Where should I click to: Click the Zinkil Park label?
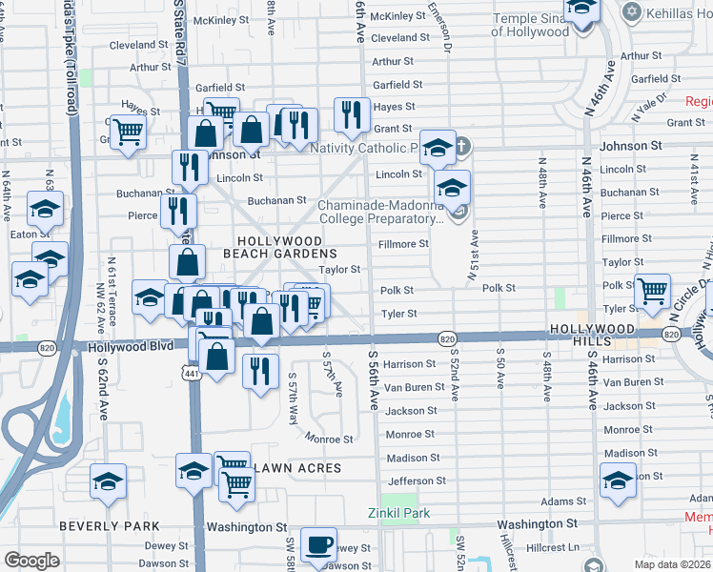point(398,513)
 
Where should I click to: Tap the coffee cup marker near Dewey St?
point(318,545)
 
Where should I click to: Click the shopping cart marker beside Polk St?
point(652,292)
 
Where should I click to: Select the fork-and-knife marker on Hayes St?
point(352,114)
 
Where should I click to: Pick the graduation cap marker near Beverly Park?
point(109,480)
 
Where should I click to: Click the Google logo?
point(31,561)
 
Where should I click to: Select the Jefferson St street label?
point(416,481)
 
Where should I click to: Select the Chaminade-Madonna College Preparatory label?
point(380,211)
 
